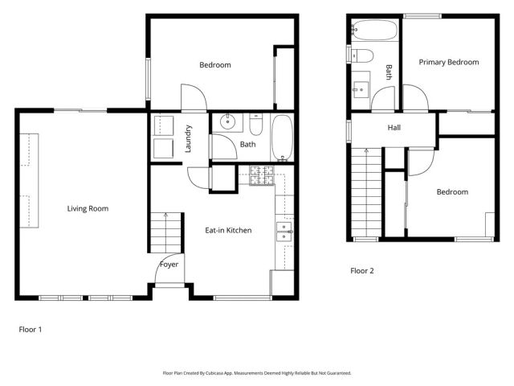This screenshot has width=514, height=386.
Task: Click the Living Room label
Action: tap(88, 209)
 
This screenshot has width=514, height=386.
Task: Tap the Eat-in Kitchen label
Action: tap(228, 231)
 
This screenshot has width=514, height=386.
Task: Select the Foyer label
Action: tap(169, 265)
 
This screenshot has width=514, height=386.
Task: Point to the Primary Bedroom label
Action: tap(449, 62)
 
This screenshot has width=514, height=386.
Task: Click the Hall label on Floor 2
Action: tap(394, 128)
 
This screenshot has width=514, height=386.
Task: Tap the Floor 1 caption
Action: tap(30, 329)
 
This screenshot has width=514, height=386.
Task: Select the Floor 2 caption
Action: tap(362, 271)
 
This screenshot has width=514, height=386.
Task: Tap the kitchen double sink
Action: tap(284, 232)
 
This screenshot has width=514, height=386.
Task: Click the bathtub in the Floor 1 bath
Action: tap(283, 138)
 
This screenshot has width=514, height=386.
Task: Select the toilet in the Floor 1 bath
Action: tap(256, 125)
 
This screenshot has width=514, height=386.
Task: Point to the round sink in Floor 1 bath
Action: tap(226, 123)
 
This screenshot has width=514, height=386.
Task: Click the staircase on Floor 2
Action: tap(366, 193)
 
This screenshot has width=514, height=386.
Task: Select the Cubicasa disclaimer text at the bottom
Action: tap(257, 373)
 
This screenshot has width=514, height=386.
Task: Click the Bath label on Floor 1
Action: tap(247, 145)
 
